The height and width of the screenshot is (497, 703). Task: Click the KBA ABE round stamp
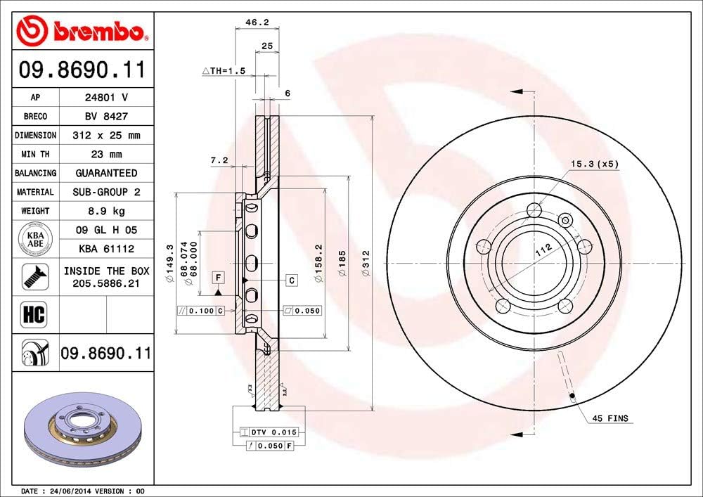tap(35, 239)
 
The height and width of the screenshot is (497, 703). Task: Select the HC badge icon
tap(34, 314)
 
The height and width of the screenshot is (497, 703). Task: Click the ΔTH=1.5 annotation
tap(224, 71)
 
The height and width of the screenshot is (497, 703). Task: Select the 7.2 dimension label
tap(219, 161)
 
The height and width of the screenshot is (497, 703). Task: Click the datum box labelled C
tap(291, 280)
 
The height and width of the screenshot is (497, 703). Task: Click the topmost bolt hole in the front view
tap(534, 209)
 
